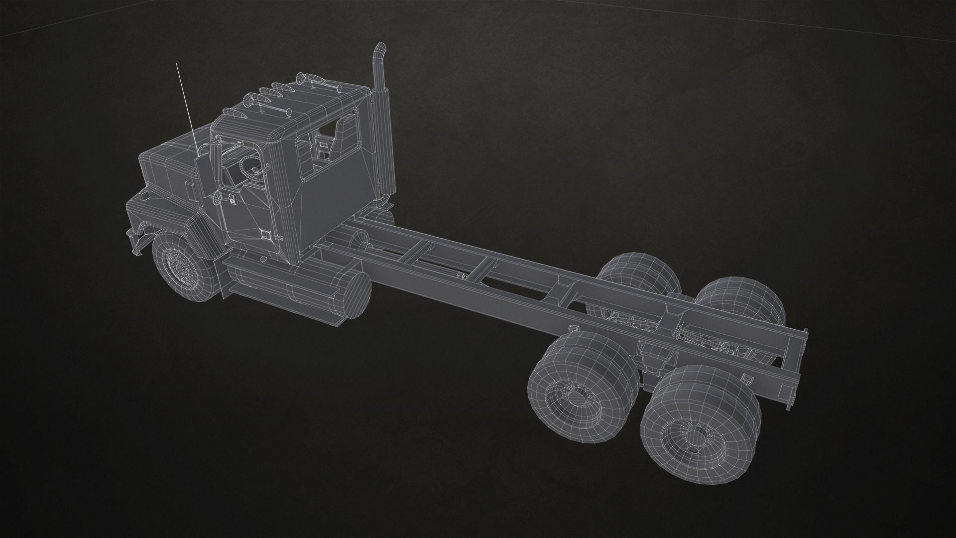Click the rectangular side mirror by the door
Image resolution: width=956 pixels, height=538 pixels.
click(x=203, y=172)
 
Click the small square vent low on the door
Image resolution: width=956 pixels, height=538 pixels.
click(x=266, y=234)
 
